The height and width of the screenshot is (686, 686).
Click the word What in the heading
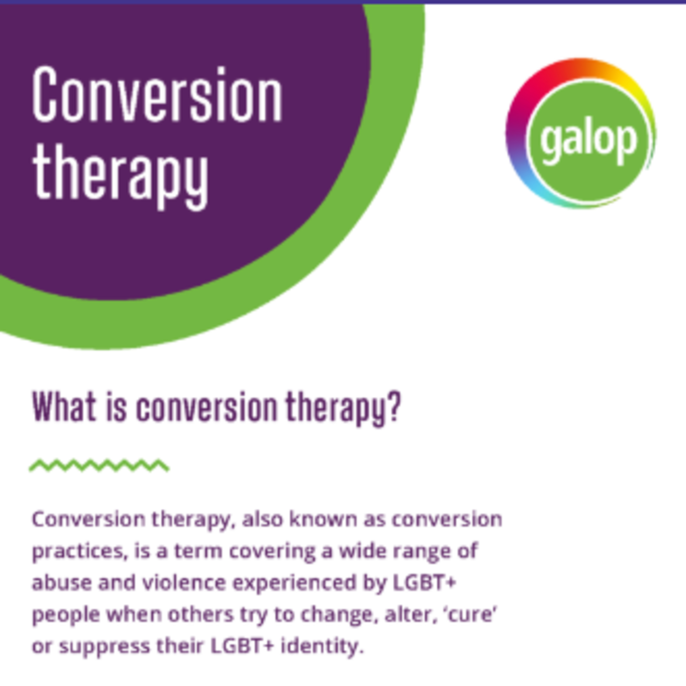tap(64, 407)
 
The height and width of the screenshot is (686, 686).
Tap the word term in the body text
tap(198, 551)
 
